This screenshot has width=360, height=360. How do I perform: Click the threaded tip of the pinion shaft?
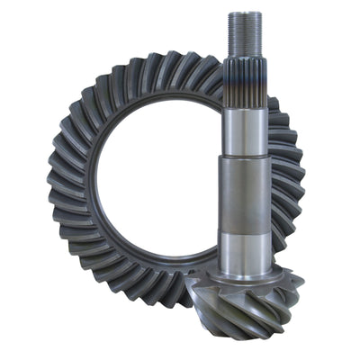point(244,36)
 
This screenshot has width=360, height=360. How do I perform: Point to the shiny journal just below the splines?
point(246,126)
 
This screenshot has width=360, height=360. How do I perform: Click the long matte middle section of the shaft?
point(246,194)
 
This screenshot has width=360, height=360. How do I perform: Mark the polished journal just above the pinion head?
point(246,252)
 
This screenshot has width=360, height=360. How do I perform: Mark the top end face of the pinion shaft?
point(244,13)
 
